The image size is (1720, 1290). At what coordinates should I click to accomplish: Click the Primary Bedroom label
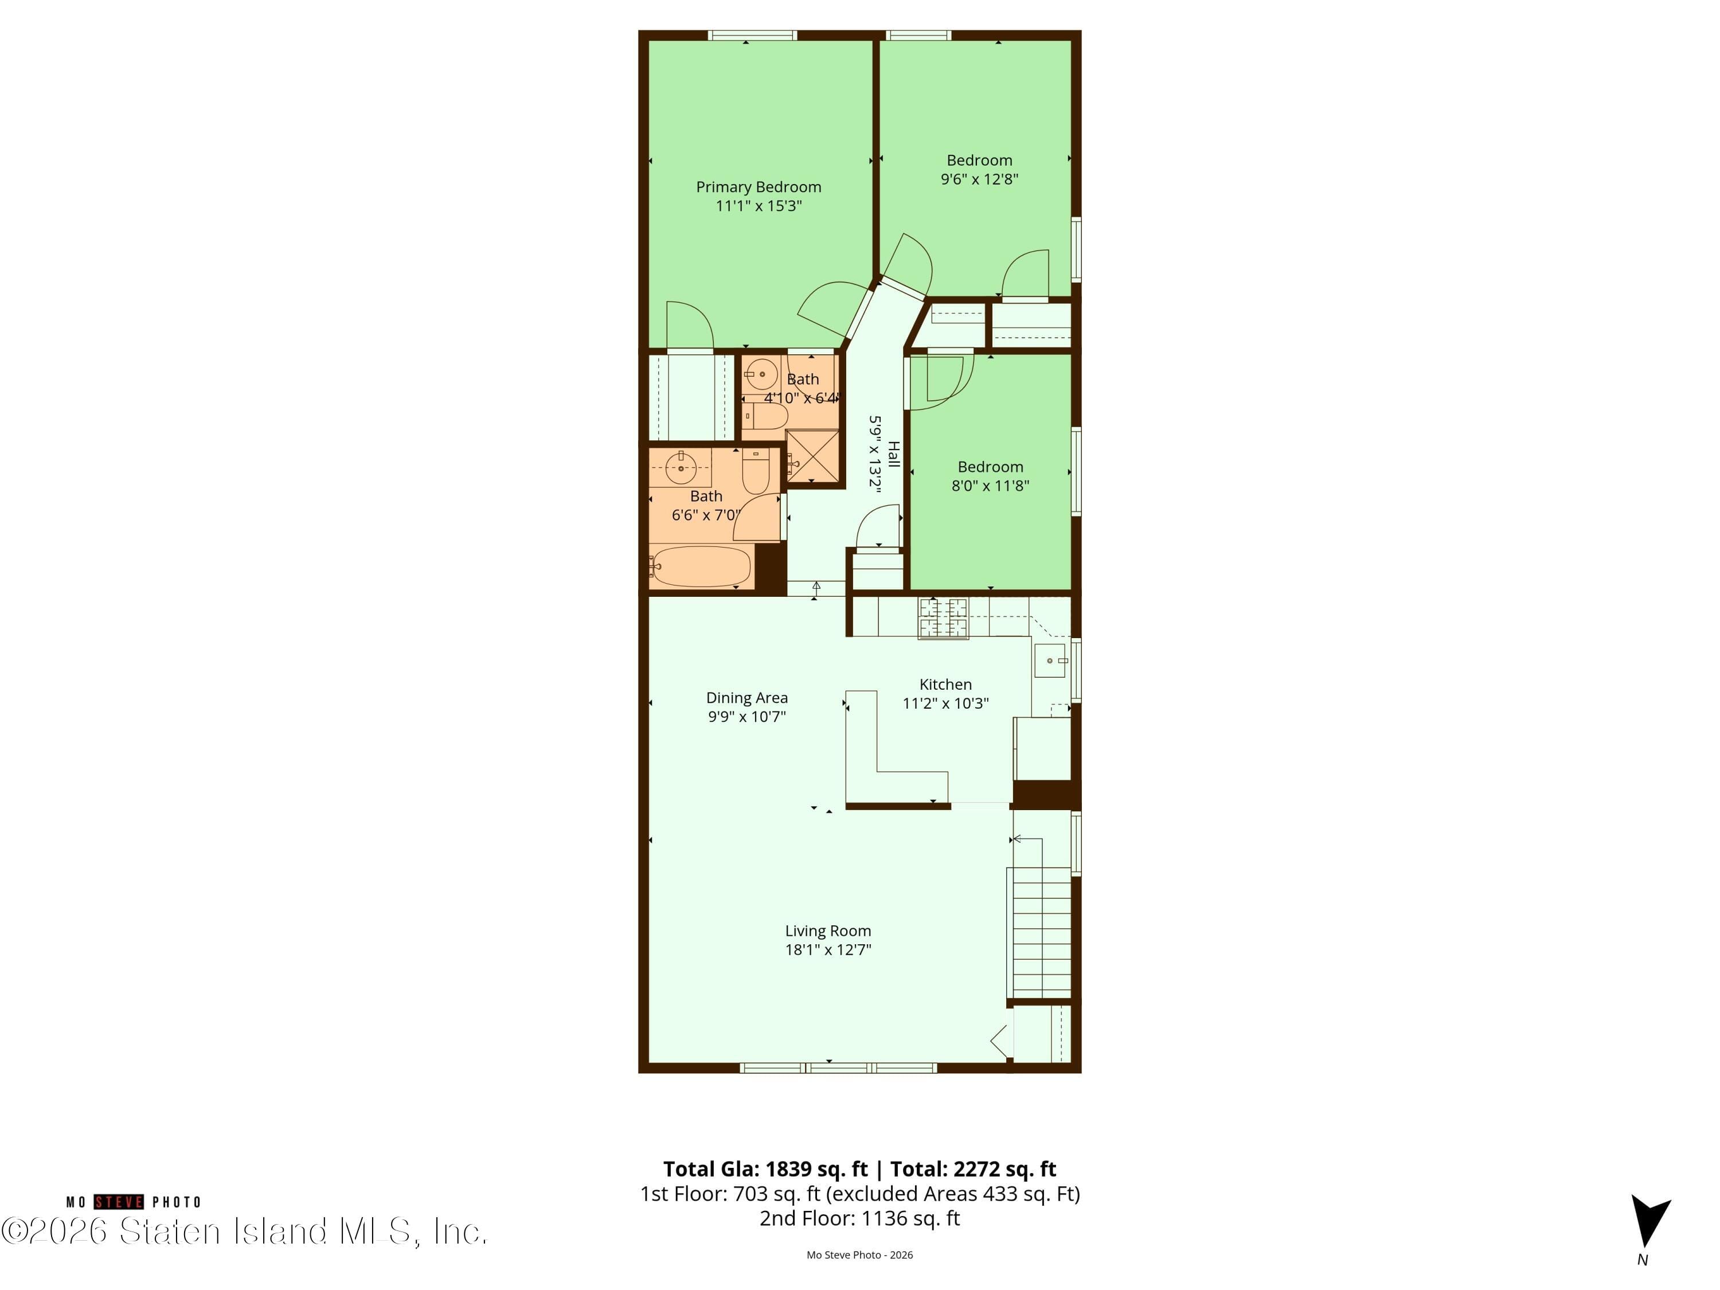coord(758,186)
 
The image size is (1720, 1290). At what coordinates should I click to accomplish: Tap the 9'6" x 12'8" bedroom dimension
coord(979,179)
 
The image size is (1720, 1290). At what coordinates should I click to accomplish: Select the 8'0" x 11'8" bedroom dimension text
coord(990,485)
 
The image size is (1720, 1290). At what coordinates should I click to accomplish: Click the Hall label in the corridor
coord(894,454)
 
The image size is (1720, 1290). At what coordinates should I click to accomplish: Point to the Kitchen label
coord(945,684)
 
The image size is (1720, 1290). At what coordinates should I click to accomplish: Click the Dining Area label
coord(746,698)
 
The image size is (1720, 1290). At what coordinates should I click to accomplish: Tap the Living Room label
coord(827,931)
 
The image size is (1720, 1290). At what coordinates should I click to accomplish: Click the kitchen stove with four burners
coord(943,618)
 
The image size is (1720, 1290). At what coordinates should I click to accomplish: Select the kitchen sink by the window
coord(1050,660)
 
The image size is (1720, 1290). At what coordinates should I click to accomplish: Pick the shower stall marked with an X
coord(812,456)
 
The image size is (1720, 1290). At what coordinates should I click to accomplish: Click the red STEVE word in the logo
coord(119,1202)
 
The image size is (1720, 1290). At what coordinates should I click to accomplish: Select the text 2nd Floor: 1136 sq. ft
coord(859,1218)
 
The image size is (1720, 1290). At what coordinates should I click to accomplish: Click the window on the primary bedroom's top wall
coord(752,35)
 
